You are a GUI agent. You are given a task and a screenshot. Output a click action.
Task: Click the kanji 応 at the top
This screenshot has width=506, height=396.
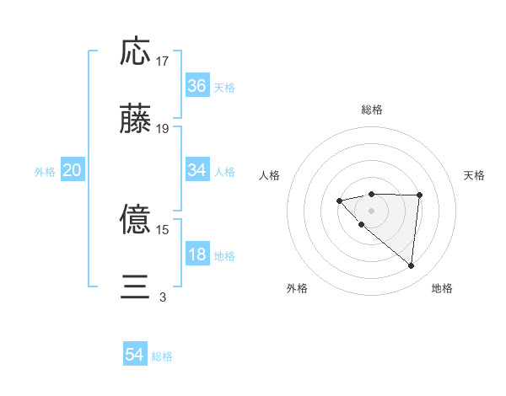point(135,51)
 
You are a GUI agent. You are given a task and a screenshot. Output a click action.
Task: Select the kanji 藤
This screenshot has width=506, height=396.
point(135,120)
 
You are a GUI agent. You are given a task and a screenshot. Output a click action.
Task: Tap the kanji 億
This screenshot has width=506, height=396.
point(135,220)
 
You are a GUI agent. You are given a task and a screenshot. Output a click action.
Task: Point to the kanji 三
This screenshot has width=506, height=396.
point(135,287)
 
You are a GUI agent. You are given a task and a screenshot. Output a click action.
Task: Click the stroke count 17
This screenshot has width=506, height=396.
point(163,62)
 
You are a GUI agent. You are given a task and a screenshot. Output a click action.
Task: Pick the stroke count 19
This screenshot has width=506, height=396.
point(163,129)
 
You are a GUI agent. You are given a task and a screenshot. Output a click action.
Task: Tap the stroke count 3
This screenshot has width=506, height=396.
point(163,297)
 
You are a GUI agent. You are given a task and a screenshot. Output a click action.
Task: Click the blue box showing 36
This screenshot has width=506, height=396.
point(197,86)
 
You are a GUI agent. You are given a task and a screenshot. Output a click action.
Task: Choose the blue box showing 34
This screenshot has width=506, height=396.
point(197,170)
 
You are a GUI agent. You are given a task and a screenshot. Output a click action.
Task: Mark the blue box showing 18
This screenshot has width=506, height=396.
point(197,254)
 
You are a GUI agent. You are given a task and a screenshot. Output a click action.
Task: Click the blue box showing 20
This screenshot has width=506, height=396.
point(73,170)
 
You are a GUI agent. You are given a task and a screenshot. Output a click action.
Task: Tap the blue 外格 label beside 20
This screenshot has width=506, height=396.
point(45,172)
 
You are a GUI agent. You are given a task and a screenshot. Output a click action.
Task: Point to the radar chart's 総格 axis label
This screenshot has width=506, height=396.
point(371,110)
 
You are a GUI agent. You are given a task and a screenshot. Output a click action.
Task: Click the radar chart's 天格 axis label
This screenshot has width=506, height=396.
point(475,175)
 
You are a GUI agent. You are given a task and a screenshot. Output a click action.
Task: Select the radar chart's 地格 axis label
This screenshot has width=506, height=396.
point(442,288)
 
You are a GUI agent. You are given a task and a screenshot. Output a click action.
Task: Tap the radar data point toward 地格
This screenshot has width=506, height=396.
point(412,266)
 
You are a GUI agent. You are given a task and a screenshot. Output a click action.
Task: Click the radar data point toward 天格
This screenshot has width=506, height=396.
point(420,195)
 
